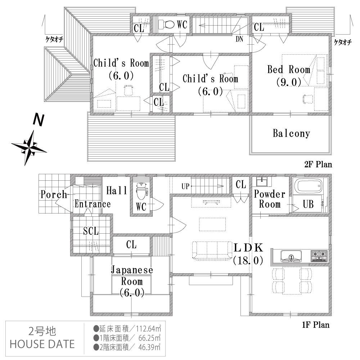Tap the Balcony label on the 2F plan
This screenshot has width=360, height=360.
pos(291,134)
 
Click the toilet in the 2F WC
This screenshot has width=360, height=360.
pos(166,24)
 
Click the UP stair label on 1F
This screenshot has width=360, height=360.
pos(186,187)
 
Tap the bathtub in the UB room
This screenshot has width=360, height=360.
pos(309,186)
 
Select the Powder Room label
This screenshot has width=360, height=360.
pos(270,199)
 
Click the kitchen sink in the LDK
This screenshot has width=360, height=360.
pos(291,256)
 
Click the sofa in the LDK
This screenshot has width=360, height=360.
pos(213,251)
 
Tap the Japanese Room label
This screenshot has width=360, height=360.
pos(132,281)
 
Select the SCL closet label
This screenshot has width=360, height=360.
pos(91,231)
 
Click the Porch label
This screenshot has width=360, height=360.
pos(54,194)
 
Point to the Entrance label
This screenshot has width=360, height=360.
pos(93,204)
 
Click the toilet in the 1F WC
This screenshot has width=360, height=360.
pos(141,190)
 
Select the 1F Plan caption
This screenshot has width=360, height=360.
pos(316,325)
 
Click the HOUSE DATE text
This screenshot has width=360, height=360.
pos(42,344)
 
